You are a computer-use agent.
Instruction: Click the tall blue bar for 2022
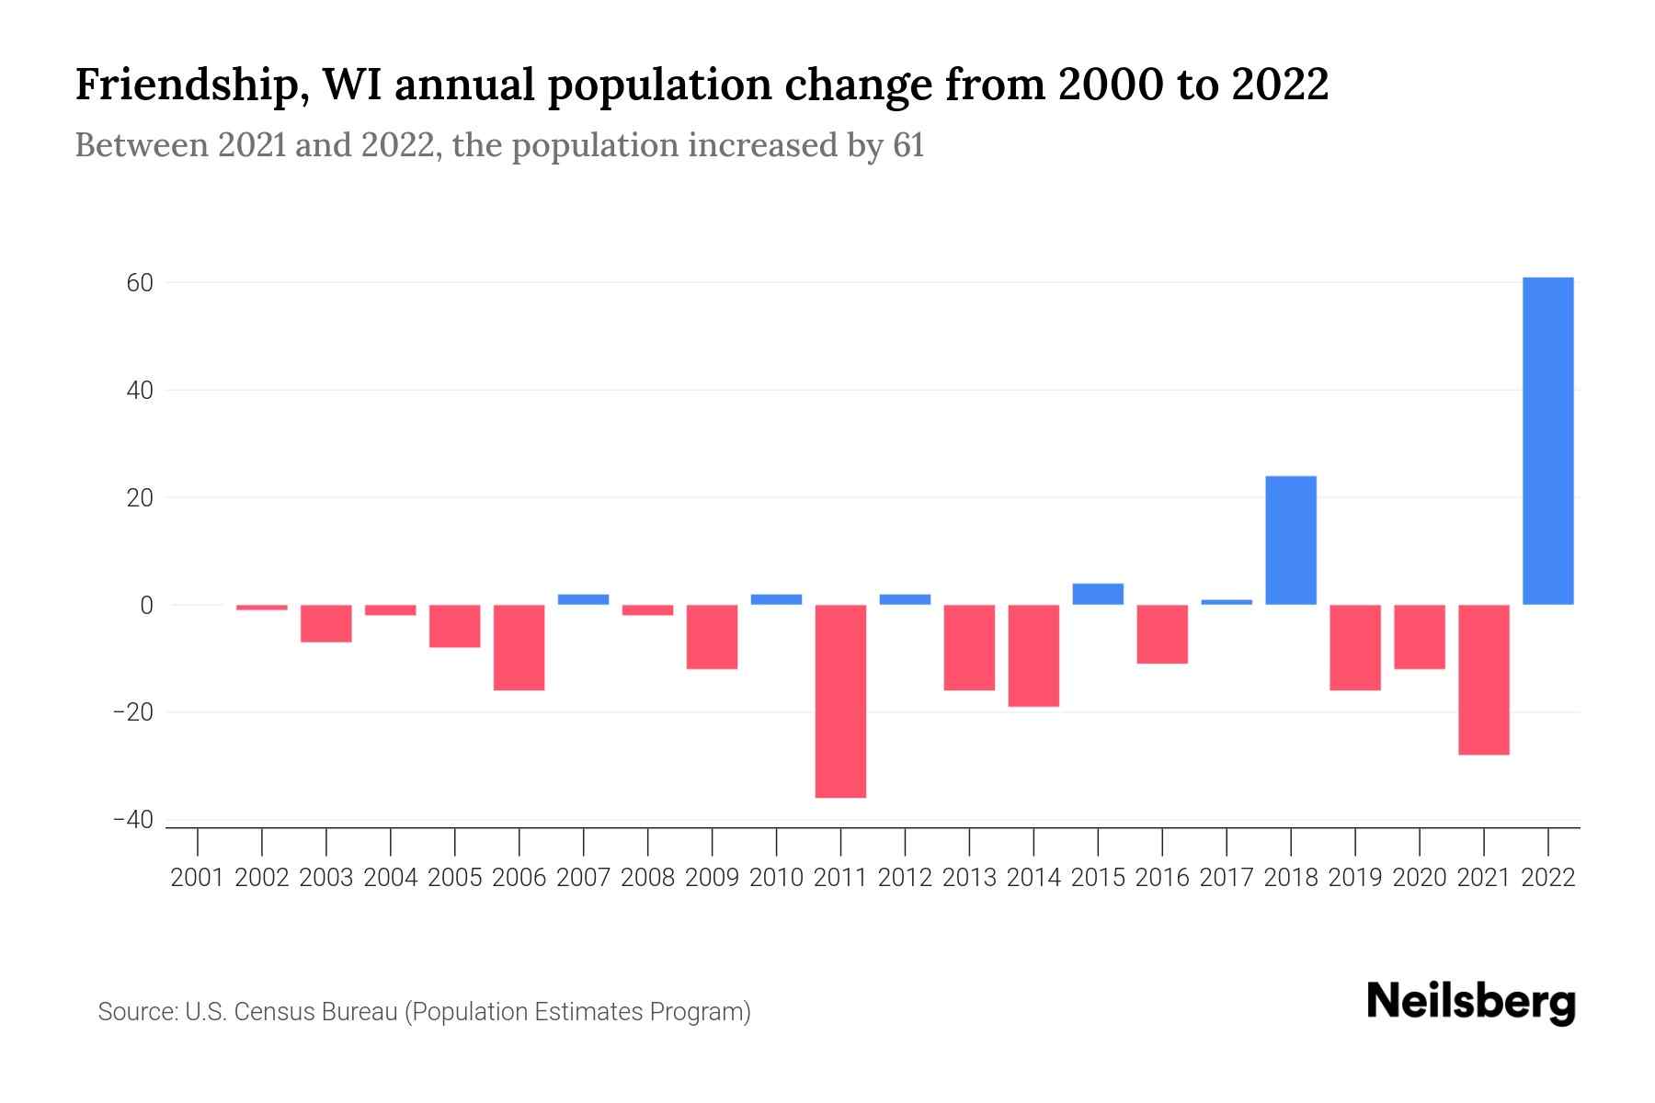(1547, 441)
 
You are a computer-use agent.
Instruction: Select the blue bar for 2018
(1291, 540)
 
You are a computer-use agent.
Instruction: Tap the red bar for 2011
(840, 700)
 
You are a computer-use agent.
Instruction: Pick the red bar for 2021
(1483, 679)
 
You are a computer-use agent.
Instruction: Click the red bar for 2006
(519, 647)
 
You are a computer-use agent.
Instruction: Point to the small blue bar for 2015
(1098, 594)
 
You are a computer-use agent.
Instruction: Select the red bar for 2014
(1033, 655)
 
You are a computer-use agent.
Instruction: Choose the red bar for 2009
(712, 636)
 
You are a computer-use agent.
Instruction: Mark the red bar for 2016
(1162, 633)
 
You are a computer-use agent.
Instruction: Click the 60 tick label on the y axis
(140, 283)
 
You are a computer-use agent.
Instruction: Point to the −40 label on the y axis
(133, 820)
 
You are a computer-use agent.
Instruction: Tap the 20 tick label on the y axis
(140, 498)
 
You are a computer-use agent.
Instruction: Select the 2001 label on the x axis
(198, 878)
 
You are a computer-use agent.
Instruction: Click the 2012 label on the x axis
(905, 878)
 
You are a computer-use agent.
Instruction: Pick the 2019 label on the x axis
(1355, 878)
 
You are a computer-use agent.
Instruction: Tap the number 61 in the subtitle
(907, 146)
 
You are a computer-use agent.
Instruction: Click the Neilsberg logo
(1471, 1002)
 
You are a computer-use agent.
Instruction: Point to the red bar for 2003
(326, 623)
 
